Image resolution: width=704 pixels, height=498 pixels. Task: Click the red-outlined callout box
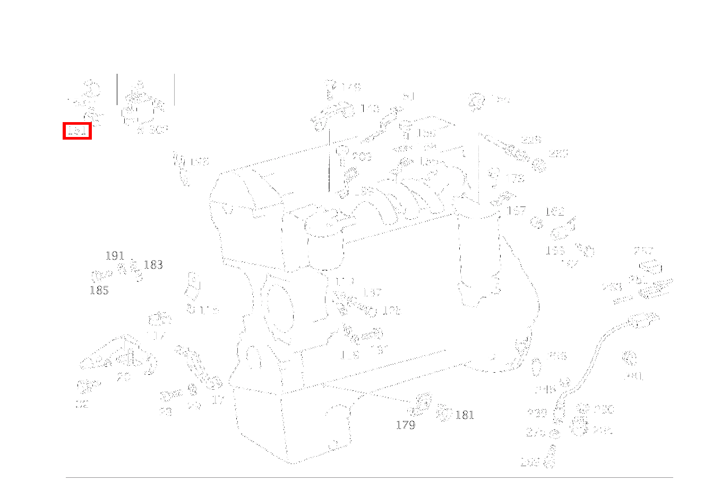pyautogui.click(x=78, y=131)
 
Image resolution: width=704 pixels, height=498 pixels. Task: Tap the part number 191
pyautogui.click(x=115, y=256)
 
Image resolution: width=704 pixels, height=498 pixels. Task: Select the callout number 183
pyautogui.click(x=153, y=265)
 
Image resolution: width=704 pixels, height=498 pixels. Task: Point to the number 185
pyautogui.click(x=99, y=290)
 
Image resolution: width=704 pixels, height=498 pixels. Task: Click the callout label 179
pyautogui.click(x=405, y=425)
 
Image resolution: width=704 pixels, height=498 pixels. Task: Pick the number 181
pyautogui.click(x=465, y=415)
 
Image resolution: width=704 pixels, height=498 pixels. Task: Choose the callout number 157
pyautogui.click(x=516, y=211)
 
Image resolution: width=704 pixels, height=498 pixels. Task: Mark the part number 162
pyautogui.click(x=554, y=212)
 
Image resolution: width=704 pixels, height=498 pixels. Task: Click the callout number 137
pyautogui.click(x=372, y=293)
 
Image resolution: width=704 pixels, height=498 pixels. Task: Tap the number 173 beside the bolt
pyautogui.click(x=514, y=178)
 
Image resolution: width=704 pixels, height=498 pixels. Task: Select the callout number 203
pyautogui.click(x=362, y=157)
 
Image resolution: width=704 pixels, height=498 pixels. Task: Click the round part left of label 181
pyautogui.click(x=444, y=413)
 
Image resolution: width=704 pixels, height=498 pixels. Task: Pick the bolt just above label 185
pyautogui.click(x=101, y=275)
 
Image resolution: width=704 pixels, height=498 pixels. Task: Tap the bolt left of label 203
pyautogui.click(x=342, y=152)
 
